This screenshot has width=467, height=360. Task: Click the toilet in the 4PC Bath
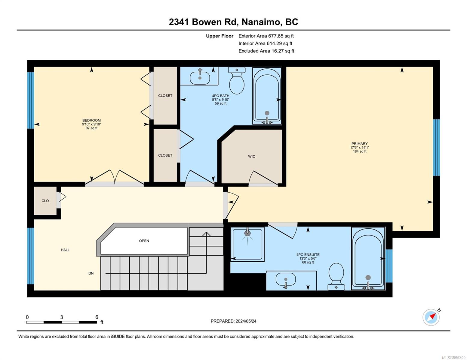[237, 80]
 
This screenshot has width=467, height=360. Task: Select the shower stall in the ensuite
[247, 244]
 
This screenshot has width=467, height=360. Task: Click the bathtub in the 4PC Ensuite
[368, 259]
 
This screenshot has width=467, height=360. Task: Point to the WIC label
[252, 157]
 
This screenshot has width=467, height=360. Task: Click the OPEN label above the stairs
[144, 241]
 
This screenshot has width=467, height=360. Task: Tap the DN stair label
[91, 273]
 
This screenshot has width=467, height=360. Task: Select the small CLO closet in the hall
[45, 201]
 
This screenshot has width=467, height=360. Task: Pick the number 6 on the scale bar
[97, 317]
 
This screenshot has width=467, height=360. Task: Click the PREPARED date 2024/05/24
[246, 321]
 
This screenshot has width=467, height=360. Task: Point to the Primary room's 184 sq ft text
[360, 151]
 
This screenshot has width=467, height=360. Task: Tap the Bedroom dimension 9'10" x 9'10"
[91, 124]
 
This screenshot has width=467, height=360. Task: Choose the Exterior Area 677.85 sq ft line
[266, 36]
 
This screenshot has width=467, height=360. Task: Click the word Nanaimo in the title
[262, 22]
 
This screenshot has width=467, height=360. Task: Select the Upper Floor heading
[220, 36]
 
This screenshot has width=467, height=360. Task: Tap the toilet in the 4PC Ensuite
[336, 277]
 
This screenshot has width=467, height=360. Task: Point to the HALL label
[65, 250]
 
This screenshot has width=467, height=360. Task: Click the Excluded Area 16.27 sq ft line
[266, 51]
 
